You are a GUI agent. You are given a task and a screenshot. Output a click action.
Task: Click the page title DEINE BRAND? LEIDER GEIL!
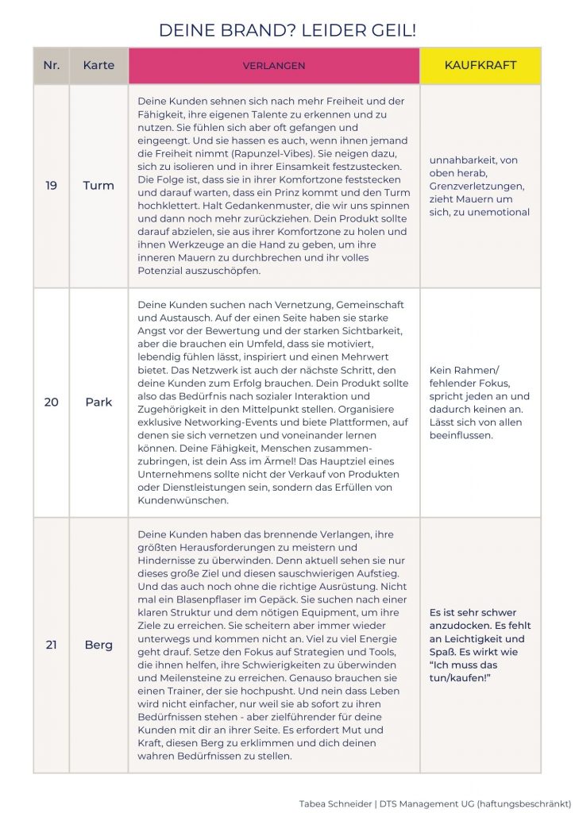click(x=287, y=31)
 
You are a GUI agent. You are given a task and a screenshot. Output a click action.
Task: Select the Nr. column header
click(x=51, y=65)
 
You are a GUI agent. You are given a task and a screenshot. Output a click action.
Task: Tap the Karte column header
click(x=98, y=65)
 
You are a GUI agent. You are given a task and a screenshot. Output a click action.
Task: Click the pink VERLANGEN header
click(x=274, y=65)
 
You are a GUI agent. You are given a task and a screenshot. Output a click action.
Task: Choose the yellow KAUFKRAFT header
click(x=480, y=65)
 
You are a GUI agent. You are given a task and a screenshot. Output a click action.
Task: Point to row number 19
click(x=51, y=186)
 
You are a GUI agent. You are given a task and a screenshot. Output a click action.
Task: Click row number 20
click(x=51, y=402)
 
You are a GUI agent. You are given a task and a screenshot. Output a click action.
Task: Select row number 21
click(x=51, y=645)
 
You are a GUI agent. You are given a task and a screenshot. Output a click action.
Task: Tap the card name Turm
click(x=98, y=186)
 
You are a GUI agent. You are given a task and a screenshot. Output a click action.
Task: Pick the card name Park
click(x=98, y=402)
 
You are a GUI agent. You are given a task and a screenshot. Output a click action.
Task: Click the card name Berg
click(x=98, y=645)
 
